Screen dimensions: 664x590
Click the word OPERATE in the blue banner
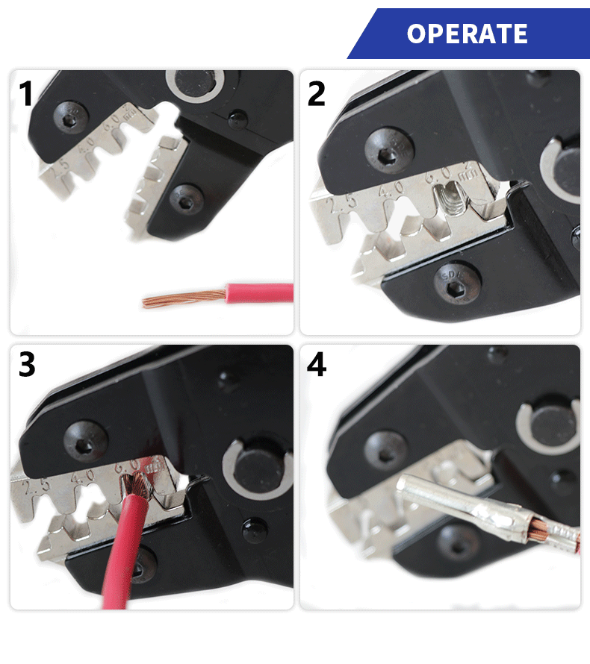[x=468, y=34]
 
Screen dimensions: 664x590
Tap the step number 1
[x=27, y=95]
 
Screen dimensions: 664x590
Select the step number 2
[x=317, y=95]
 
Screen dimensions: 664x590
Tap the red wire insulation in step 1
[x=254, y=292]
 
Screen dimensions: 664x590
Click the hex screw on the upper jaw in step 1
[x=71, y=116]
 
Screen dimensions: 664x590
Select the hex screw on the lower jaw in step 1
[x=184, y=199]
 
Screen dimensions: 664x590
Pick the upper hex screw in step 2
[x=389, y=151]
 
